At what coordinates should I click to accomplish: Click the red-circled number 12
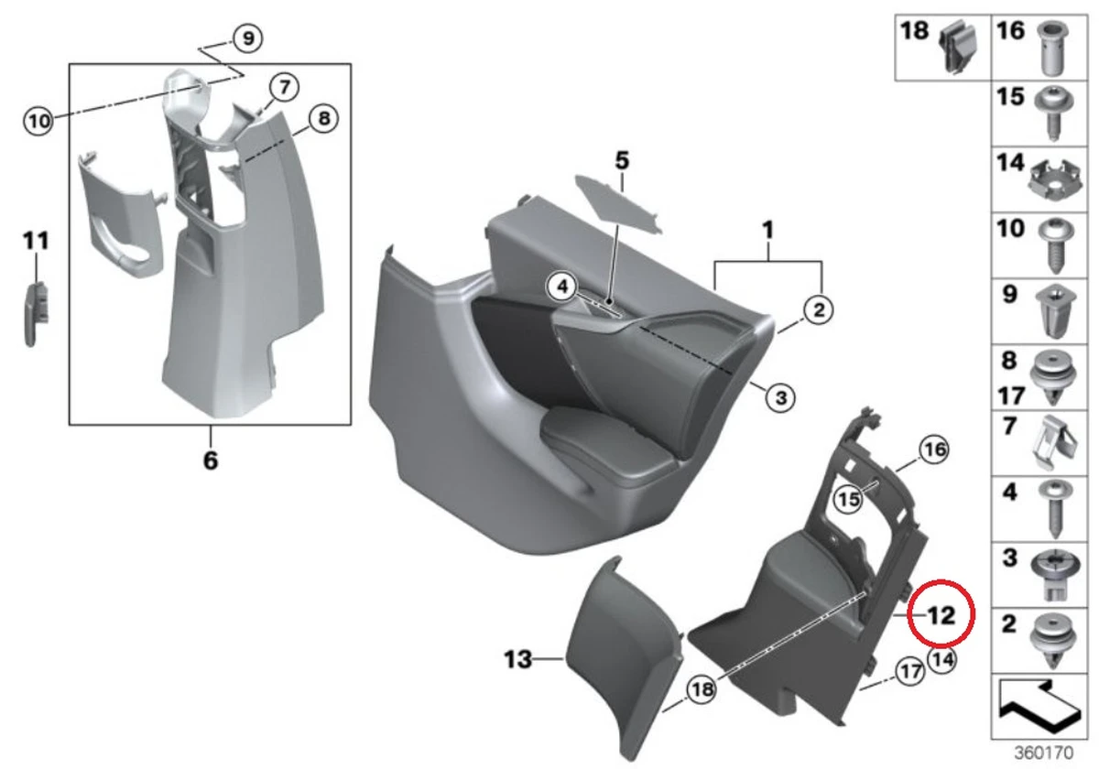(940, 615)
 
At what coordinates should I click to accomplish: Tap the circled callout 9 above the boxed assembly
(246, 38)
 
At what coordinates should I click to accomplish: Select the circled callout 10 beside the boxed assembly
(38, 120)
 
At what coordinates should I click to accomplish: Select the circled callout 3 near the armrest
(779, 396)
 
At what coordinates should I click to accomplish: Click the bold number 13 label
(518, 658)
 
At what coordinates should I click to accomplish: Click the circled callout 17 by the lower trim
(908, 673)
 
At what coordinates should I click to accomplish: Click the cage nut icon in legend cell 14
(1050, 179)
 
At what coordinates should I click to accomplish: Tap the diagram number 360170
(1042, 753)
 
